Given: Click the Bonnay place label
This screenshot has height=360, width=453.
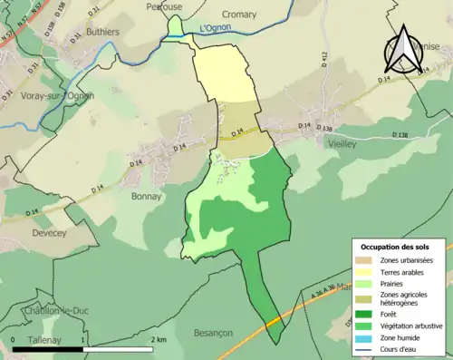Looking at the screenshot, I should click(146, 196).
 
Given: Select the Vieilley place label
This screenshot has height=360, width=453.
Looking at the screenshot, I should click(339, 144).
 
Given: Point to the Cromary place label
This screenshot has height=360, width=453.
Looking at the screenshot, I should click(238, 15).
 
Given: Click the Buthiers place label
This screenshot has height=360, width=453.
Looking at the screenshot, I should click(102, 31).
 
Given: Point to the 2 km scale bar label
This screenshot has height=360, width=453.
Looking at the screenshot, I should click(159, 339).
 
